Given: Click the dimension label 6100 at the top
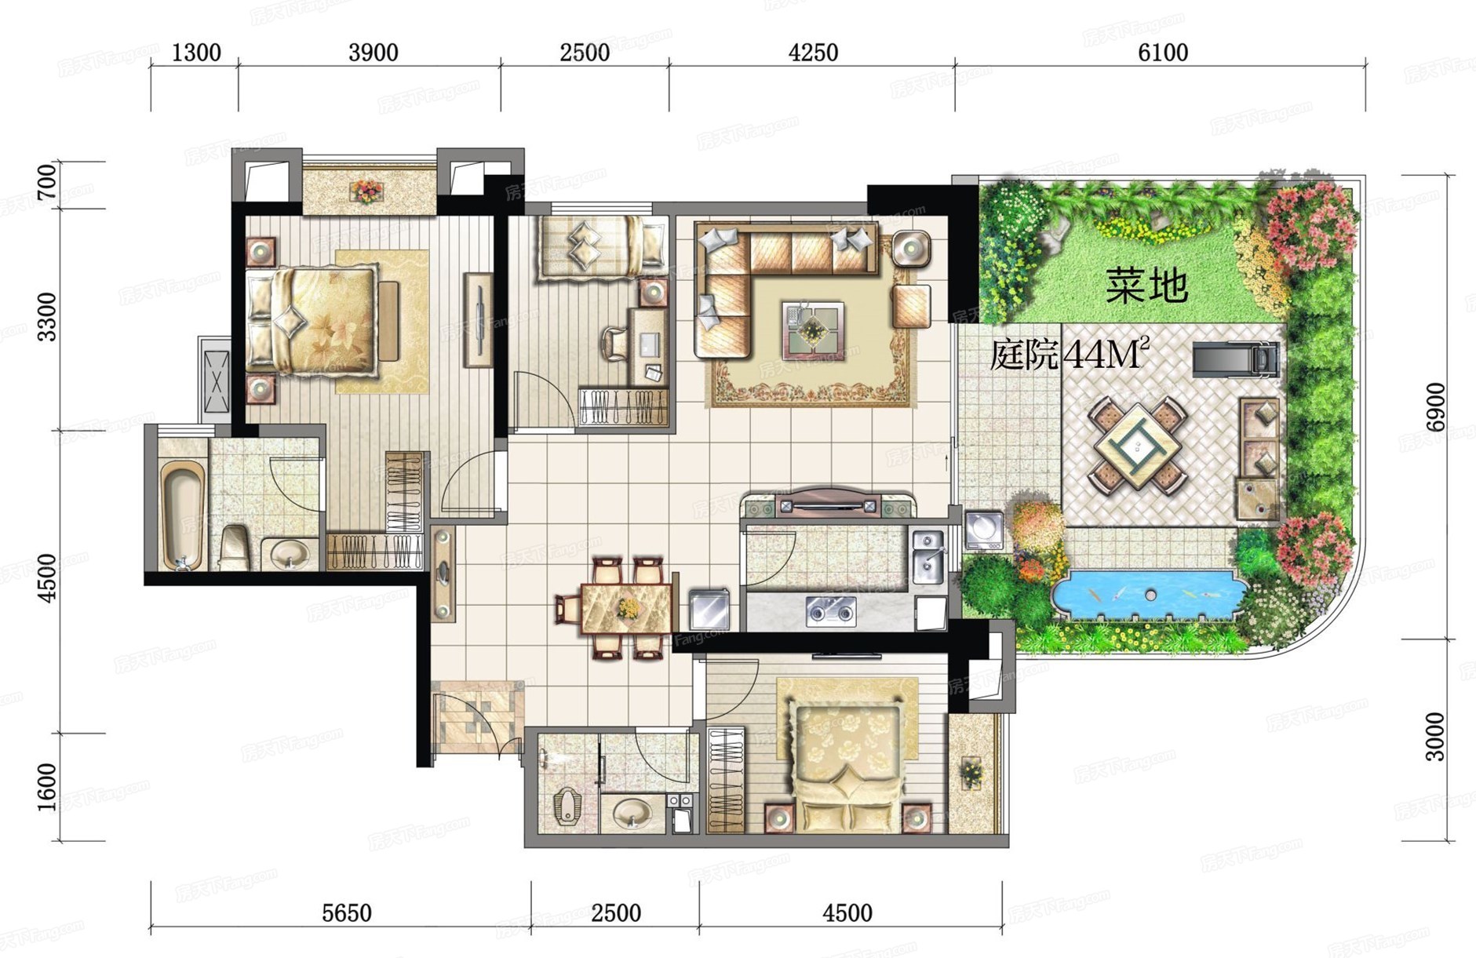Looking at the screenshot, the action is coord(1162,53).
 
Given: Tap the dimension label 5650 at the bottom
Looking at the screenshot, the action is coord(347,913).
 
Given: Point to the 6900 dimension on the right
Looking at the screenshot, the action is coord(1435,406).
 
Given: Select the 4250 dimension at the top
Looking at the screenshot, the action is coord(813,53).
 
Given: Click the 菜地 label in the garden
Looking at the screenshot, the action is coord(1146,286).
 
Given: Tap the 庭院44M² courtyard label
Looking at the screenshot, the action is coord(1070,355).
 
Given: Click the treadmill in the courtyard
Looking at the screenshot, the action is coord(1237,359).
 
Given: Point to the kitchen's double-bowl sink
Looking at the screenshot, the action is coord(927,556).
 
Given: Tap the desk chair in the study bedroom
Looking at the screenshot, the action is coord(614,344).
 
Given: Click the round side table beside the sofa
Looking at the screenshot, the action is coord(910,249).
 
